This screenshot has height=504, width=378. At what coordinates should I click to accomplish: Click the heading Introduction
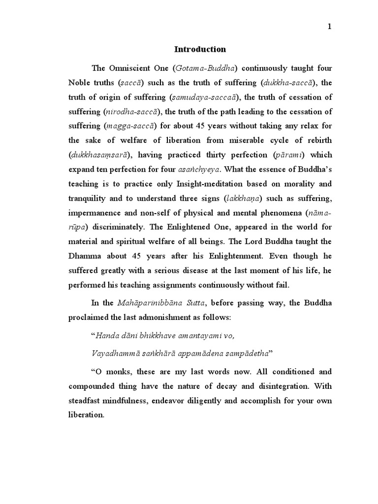click(x=200, y=49)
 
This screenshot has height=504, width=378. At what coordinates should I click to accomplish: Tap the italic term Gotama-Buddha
click(x=208, y=68)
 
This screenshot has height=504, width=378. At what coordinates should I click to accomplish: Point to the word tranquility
click(x=91, y=198)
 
